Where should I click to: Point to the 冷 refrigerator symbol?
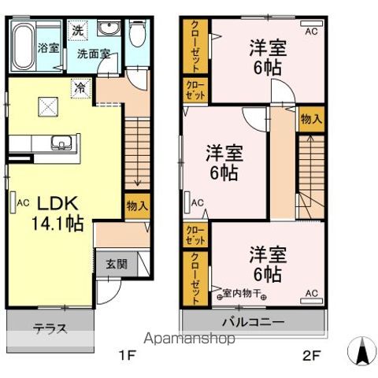pos(80,87)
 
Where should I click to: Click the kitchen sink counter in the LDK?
pos(61,144)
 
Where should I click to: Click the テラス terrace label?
pos(49,328)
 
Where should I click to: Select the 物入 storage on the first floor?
pos(137,206)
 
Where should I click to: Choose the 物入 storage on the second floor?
pos(311,118)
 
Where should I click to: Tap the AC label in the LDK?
pos(24,202)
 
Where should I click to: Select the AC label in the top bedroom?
pos(311,31)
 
